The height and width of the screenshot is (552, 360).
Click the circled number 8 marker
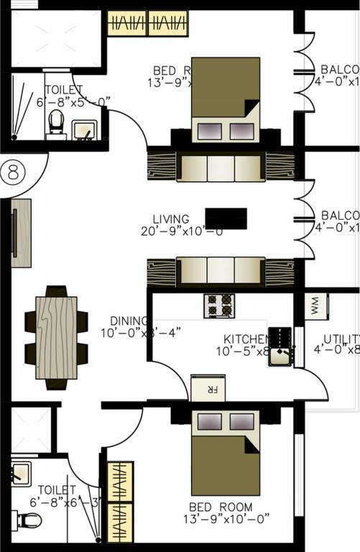point(12,172)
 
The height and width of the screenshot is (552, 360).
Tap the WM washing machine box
point(317,308)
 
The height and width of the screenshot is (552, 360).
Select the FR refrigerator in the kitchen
point(208,388)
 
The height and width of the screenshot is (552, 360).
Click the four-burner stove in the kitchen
point(220,305)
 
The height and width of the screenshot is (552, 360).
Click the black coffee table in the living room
point(226,218)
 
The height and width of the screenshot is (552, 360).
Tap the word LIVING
point(171,219)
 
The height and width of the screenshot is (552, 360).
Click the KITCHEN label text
point(245,339)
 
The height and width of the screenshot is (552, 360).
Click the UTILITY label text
point(341,339)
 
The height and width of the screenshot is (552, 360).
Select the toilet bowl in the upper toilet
point(55,124)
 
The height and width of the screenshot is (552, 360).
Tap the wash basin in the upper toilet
point(85,131)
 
